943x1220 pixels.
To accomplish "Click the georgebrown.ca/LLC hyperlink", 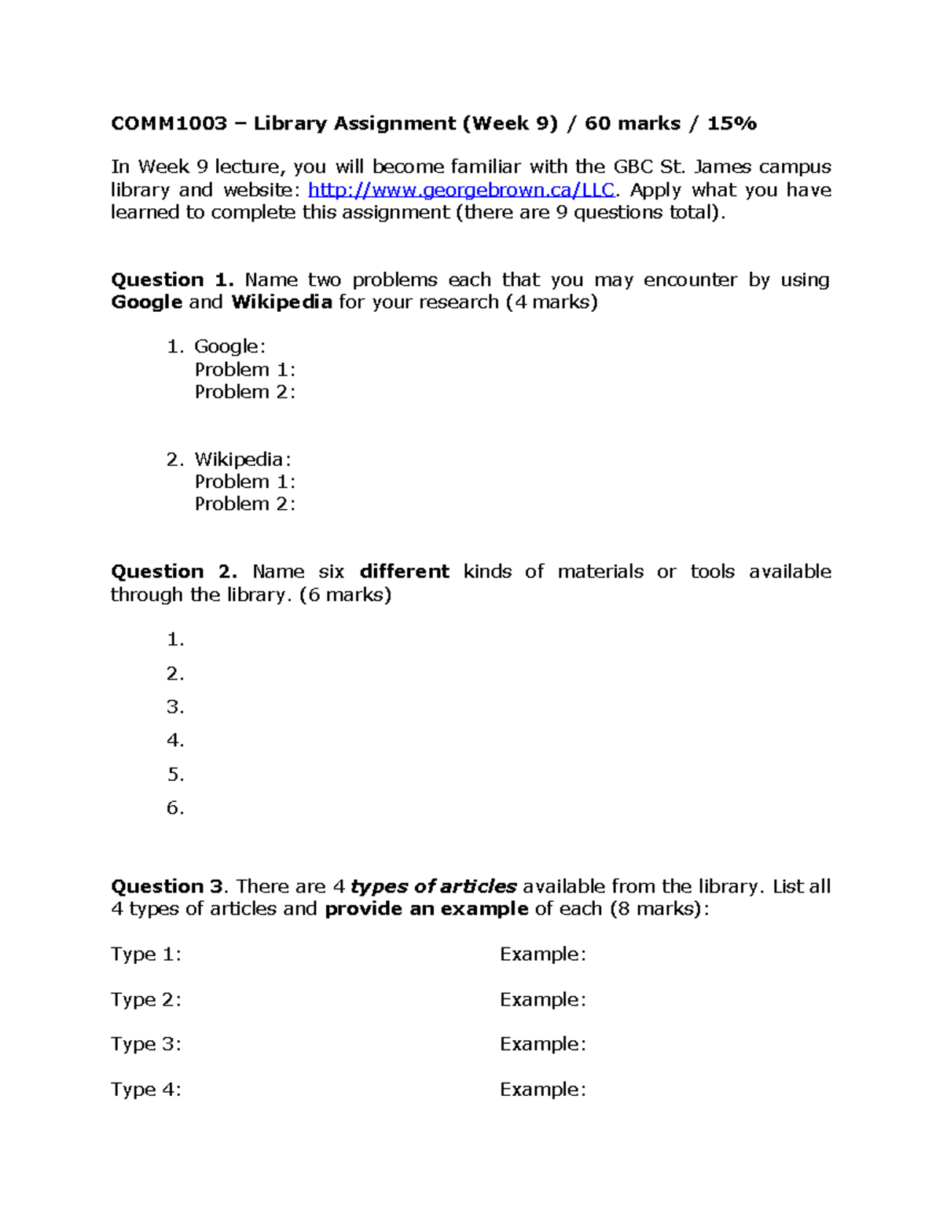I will (x=461, y=190).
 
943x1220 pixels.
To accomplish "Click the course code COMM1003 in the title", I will (x=169, y=123).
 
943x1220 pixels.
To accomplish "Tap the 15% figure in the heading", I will (x=732, y=123).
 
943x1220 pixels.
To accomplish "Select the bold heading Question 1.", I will (x=172, y=280).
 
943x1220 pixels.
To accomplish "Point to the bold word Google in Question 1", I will (x=147, y=302).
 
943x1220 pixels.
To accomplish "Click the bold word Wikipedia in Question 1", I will (x=281, y=302).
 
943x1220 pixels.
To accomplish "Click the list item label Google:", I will (x=230, y=346).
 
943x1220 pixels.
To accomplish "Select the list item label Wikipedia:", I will (x=243, y=460).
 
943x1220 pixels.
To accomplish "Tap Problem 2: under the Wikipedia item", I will (x=245, y=504).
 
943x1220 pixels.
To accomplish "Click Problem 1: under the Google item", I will (x=245, y=369).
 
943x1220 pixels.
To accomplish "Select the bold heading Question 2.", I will (x=174, y=572).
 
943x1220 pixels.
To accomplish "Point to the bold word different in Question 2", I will (x=405, y=572).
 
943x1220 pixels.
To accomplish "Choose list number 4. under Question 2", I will (x=175, y=741).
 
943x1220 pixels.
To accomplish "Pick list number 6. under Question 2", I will (x=175, y=808).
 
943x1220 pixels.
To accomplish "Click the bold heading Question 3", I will (x=168, y=887).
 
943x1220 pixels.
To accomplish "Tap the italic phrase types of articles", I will (x=433, y=887).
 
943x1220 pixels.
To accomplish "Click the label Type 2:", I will (x=146, y=1000).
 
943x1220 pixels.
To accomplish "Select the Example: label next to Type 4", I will (x=543, y=1090).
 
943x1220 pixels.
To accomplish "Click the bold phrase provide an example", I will (x=427, y=909).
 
